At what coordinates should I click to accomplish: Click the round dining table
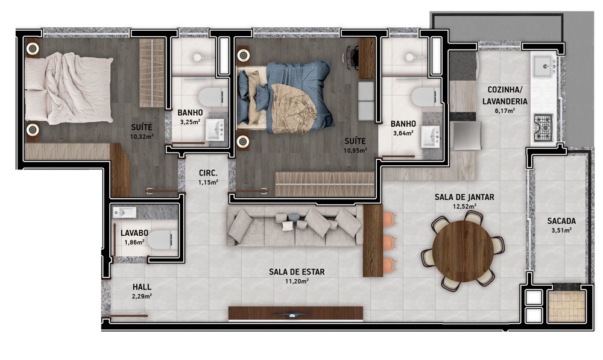click(x=463, y=251)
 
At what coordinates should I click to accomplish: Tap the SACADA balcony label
click(x=561, y=221)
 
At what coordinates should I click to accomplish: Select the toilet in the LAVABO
click(x=162, y=240)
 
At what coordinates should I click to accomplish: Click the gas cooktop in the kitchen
click(x=543, y=127)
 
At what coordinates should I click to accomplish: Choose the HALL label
click(x=142, y=287)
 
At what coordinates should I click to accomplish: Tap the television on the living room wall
click(x=292, y=314)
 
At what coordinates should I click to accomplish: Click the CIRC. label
click(x=208, y=173)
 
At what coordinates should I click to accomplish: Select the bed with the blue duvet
click(x=285, y=97)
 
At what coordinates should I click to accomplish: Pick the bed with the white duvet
click(x=69, y=89)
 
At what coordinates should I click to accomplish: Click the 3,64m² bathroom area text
click(x=403, y=133)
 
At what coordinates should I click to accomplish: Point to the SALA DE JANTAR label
click(x=464, y=197)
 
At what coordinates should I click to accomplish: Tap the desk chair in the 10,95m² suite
click(x=350, y=58)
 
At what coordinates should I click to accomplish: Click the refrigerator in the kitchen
click(x=466, y=136)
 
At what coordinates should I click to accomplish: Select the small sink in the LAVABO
click(x=124, y=212)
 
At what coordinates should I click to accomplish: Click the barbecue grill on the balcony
click(x=567, y=306)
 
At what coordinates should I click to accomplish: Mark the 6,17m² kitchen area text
click(x=505, y=111)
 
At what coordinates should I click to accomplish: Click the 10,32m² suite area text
click(x=142, y=136)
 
